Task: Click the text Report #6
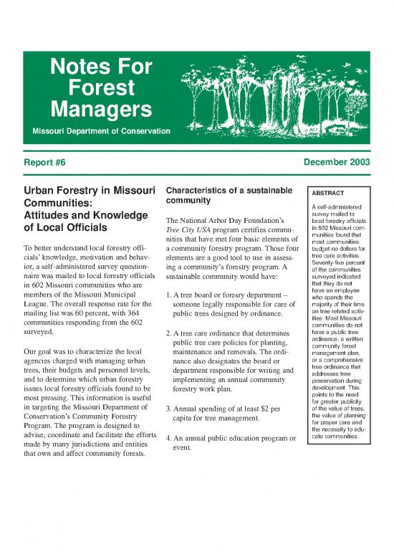point(44,163)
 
